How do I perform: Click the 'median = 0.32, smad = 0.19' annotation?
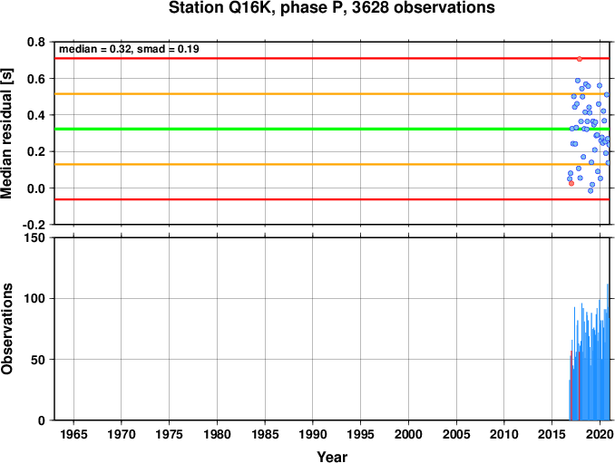[x=129, y=49]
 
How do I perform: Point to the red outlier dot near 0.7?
[x=580, y=59]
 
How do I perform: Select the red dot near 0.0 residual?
[x=571, y=183]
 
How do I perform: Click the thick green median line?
[x=332, y=129]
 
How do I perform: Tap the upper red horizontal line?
[x=332, y=58]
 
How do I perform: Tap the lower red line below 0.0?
[x=332, y=199]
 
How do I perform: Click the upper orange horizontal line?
[x=332, y=94]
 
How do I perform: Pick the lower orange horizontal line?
[x=332, y=164]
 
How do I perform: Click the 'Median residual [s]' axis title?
[x=6, y=133]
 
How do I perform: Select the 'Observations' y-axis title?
[x=6, y=329]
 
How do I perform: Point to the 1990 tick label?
[x=313, y=434]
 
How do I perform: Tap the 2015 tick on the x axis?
[x=552, y=434]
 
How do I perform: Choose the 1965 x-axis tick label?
[x=73, y=434]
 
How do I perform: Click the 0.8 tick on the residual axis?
[x=36, y=42]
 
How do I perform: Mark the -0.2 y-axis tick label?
[x=34, y=225]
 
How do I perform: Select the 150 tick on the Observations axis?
[x=34, y=237]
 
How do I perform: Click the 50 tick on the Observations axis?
[x=38, y=360]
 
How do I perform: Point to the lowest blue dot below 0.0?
[x=591, y=191]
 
